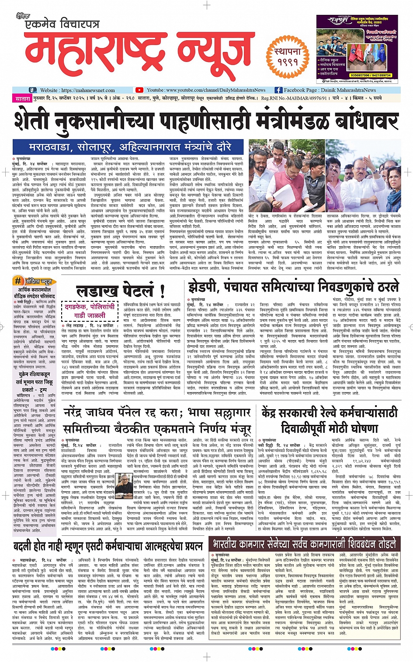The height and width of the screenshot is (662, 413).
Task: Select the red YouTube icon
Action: click(139, 90)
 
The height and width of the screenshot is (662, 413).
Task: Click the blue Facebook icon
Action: click(278, 90)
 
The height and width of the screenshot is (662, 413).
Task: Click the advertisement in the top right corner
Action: click(357, 49)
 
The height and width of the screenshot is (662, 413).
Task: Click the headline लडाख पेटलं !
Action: click(120, 291)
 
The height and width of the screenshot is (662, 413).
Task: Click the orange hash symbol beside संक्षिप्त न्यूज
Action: click(18, 281)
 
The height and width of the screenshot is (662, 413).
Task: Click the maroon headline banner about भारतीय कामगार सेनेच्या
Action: click(304, 544)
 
